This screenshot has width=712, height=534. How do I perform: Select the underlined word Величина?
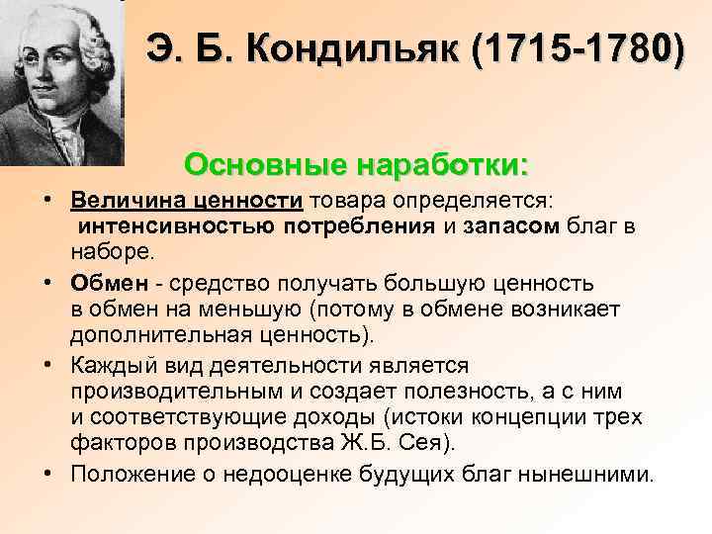point(126,201)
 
